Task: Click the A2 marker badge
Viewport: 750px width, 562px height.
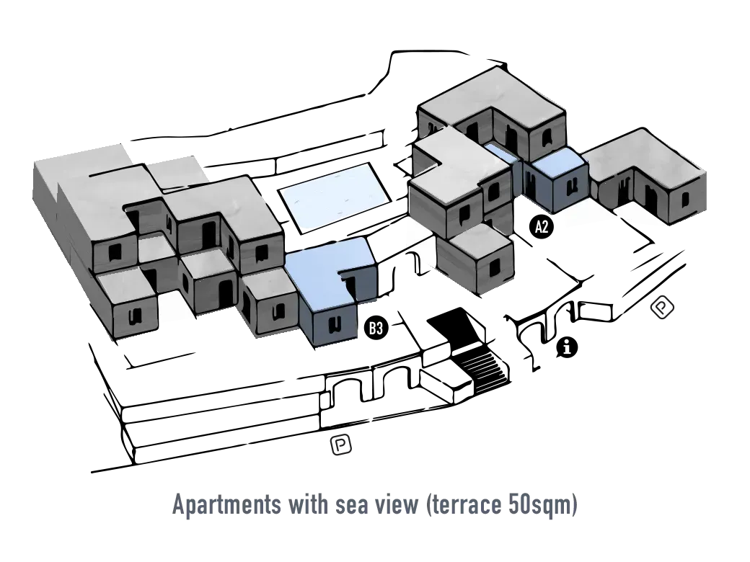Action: pyautogui.click(x=542, y=226)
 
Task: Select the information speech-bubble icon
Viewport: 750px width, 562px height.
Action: pyautogui.click(x=567, y=347)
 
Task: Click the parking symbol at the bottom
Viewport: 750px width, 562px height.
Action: pyautogui.click(x=340, y=445)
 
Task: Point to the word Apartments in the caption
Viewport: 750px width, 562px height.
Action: pyautogui.click(x=226, y=504)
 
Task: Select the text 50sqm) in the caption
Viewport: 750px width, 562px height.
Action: pyautogui.click(x=541, y=505)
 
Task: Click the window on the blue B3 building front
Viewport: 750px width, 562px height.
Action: pyautogui.click(x=335, y=324)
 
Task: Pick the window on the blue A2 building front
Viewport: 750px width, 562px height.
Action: pyautogui.click(x=570, y=188)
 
